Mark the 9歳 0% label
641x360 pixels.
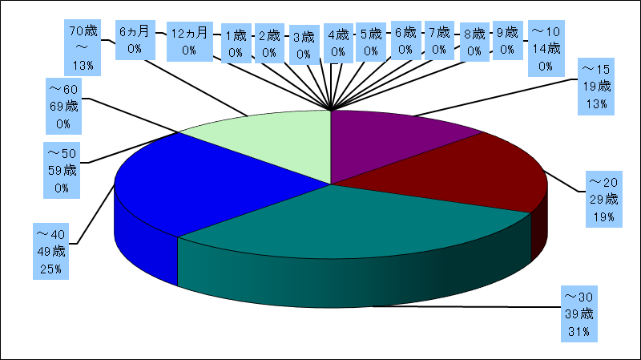[506, 42]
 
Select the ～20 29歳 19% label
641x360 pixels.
[603, 196]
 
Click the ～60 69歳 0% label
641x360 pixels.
[65, 104]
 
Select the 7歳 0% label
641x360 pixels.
[439, 42]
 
